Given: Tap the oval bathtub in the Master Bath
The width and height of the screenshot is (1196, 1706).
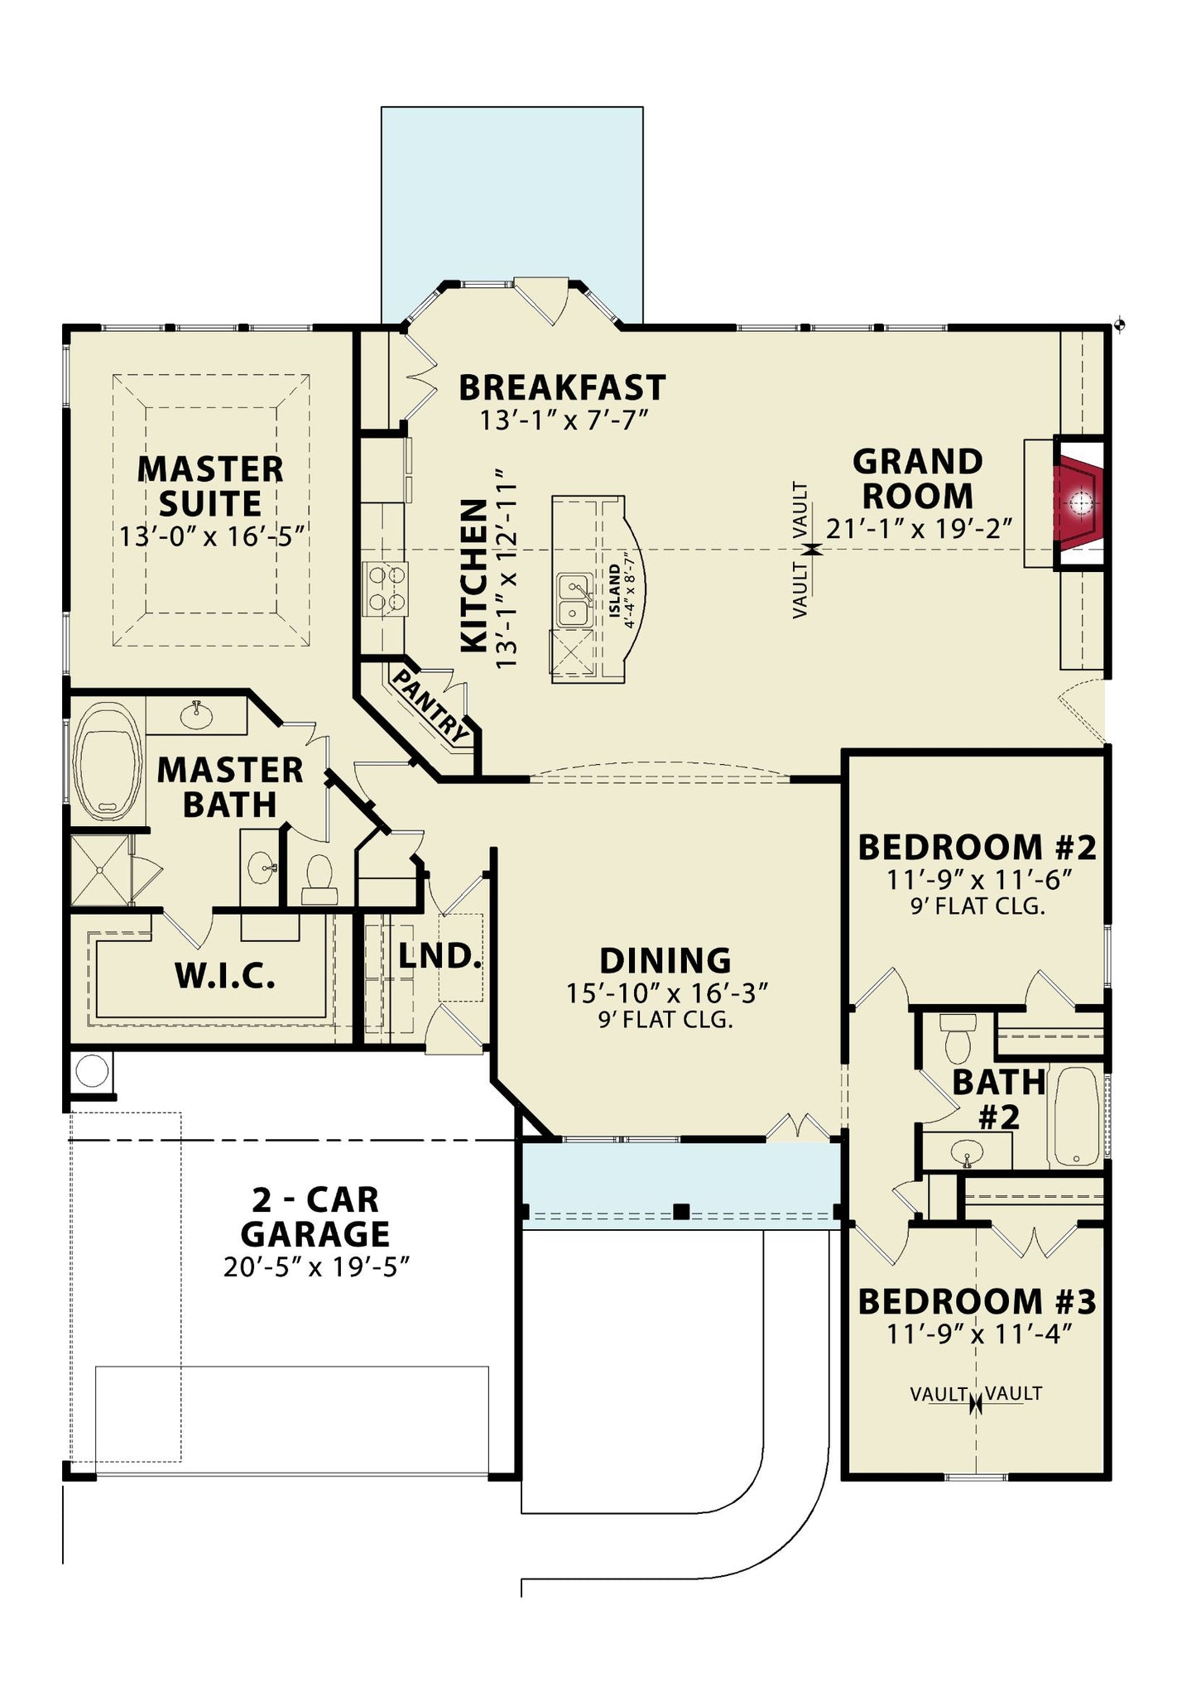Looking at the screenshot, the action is [x=107, y=762].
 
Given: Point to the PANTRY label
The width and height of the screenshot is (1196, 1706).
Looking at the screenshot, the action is [x=430, y=704].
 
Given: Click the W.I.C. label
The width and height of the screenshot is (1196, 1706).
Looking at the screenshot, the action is [x=225, y=976].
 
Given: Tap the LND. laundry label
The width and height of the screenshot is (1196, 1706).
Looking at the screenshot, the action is [x=439, y=956].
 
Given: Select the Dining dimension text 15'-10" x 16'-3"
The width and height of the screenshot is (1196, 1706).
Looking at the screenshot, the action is [x=668, y=992].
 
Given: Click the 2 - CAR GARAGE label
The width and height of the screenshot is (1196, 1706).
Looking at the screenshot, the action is [x=315, y=1216].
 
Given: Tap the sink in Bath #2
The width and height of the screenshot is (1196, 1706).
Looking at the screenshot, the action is [x=967, y=1151].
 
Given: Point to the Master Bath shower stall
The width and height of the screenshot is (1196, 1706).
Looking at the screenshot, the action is [x=100, y=870].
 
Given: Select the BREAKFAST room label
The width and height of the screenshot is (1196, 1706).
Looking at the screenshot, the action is [x=562, y=387].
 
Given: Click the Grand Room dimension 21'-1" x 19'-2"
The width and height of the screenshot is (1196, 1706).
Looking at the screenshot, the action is [x=920, y=528].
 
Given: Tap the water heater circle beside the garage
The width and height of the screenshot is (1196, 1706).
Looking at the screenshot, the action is [x=91, y=1072].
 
